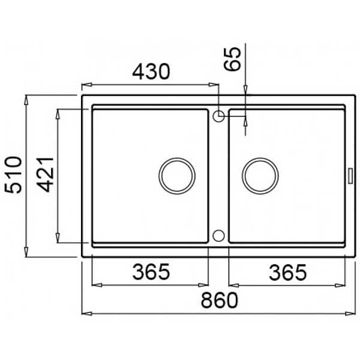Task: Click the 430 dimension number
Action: [x=151, y=71]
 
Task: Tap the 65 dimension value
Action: [x=232, y=59]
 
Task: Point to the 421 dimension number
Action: [x=45, y=175]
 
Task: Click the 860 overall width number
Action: [x=220, y=300]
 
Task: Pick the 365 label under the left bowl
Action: [x=151, y=272]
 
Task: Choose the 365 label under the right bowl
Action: [x=287, y=272]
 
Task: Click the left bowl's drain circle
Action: [x=177, y=176]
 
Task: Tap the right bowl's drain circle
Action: [x=260, y=176]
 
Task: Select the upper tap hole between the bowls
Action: [x=218, y=116]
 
